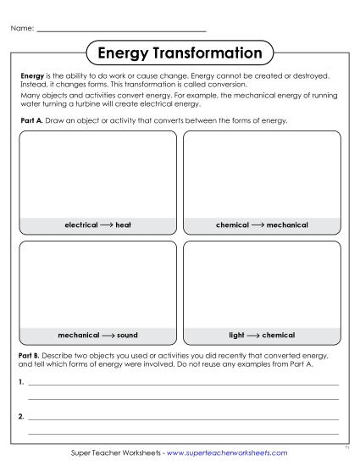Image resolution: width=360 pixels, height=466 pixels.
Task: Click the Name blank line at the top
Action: tap(122, 31)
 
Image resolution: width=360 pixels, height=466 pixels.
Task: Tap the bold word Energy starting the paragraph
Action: tap(31, 76)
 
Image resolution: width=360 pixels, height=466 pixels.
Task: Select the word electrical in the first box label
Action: tap(81, 225)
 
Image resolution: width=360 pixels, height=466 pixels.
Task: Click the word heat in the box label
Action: tap(124, 225)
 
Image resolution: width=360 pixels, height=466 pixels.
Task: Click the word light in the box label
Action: tap(236, 335)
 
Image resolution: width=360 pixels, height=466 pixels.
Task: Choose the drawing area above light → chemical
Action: tap(262, 285)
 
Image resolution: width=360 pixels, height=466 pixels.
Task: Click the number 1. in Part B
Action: tap(20, 383)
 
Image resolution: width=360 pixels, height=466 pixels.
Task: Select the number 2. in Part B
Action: tap(20, 417)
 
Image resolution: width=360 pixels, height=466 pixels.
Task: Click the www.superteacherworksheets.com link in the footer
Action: tap(227, 453)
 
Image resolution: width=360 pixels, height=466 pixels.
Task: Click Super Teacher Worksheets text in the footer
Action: tap(114, 453)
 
